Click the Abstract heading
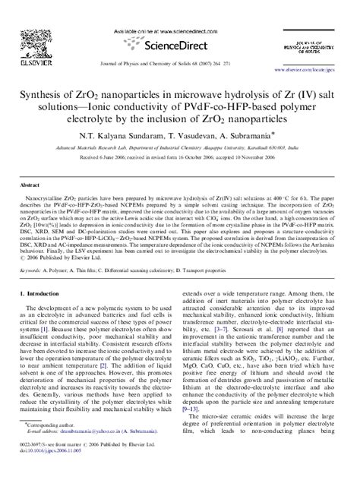pos(30,185)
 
